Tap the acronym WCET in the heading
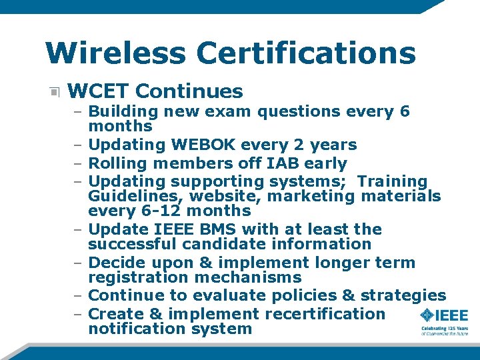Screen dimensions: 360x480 [99, 91]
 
